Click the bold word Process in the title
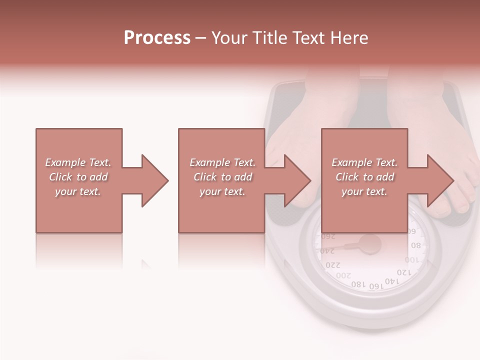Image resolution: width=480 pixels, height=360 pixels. point(157,38)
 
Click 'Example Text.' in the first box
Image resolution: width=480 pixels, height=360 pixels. point(78,162)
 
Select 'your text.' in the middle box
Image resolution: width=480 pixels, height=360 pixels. point(222,191)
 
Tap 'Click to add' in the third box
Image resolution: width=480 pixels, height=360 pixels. point(364,177)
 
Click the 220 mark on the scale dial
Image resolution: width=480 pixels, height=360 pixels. point(332,265)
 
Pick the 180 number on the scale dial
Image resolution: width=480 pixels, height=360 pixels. point(358,284)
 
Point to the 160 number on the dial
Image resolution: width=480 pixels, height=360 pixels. point(375,285)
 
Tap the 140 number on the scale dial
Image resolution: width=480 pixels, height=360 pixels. point(392,281)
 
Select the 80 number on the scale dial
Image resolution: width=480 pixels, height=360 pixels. point(415,246)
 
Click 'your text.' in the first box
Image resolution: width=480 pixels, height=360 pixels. point(78,191)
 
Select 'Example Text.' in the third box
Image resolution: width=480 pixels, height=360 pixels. point(364,162)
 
